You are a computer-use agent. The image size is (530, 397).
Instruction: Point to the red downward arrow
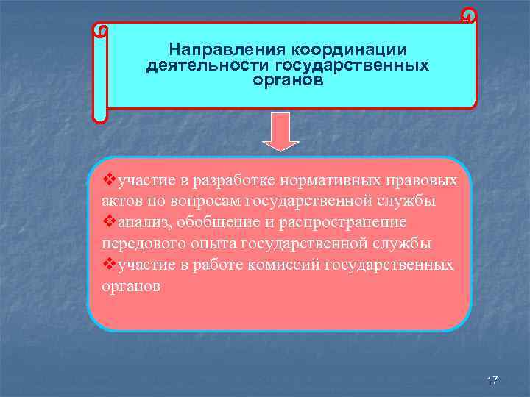tap(281, 132)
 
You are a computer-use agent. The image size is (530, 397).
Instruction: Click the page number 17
tap(492, 380)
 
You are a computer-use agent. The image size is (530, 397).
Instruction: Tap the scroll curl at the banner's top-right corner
tap(468, 15)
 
